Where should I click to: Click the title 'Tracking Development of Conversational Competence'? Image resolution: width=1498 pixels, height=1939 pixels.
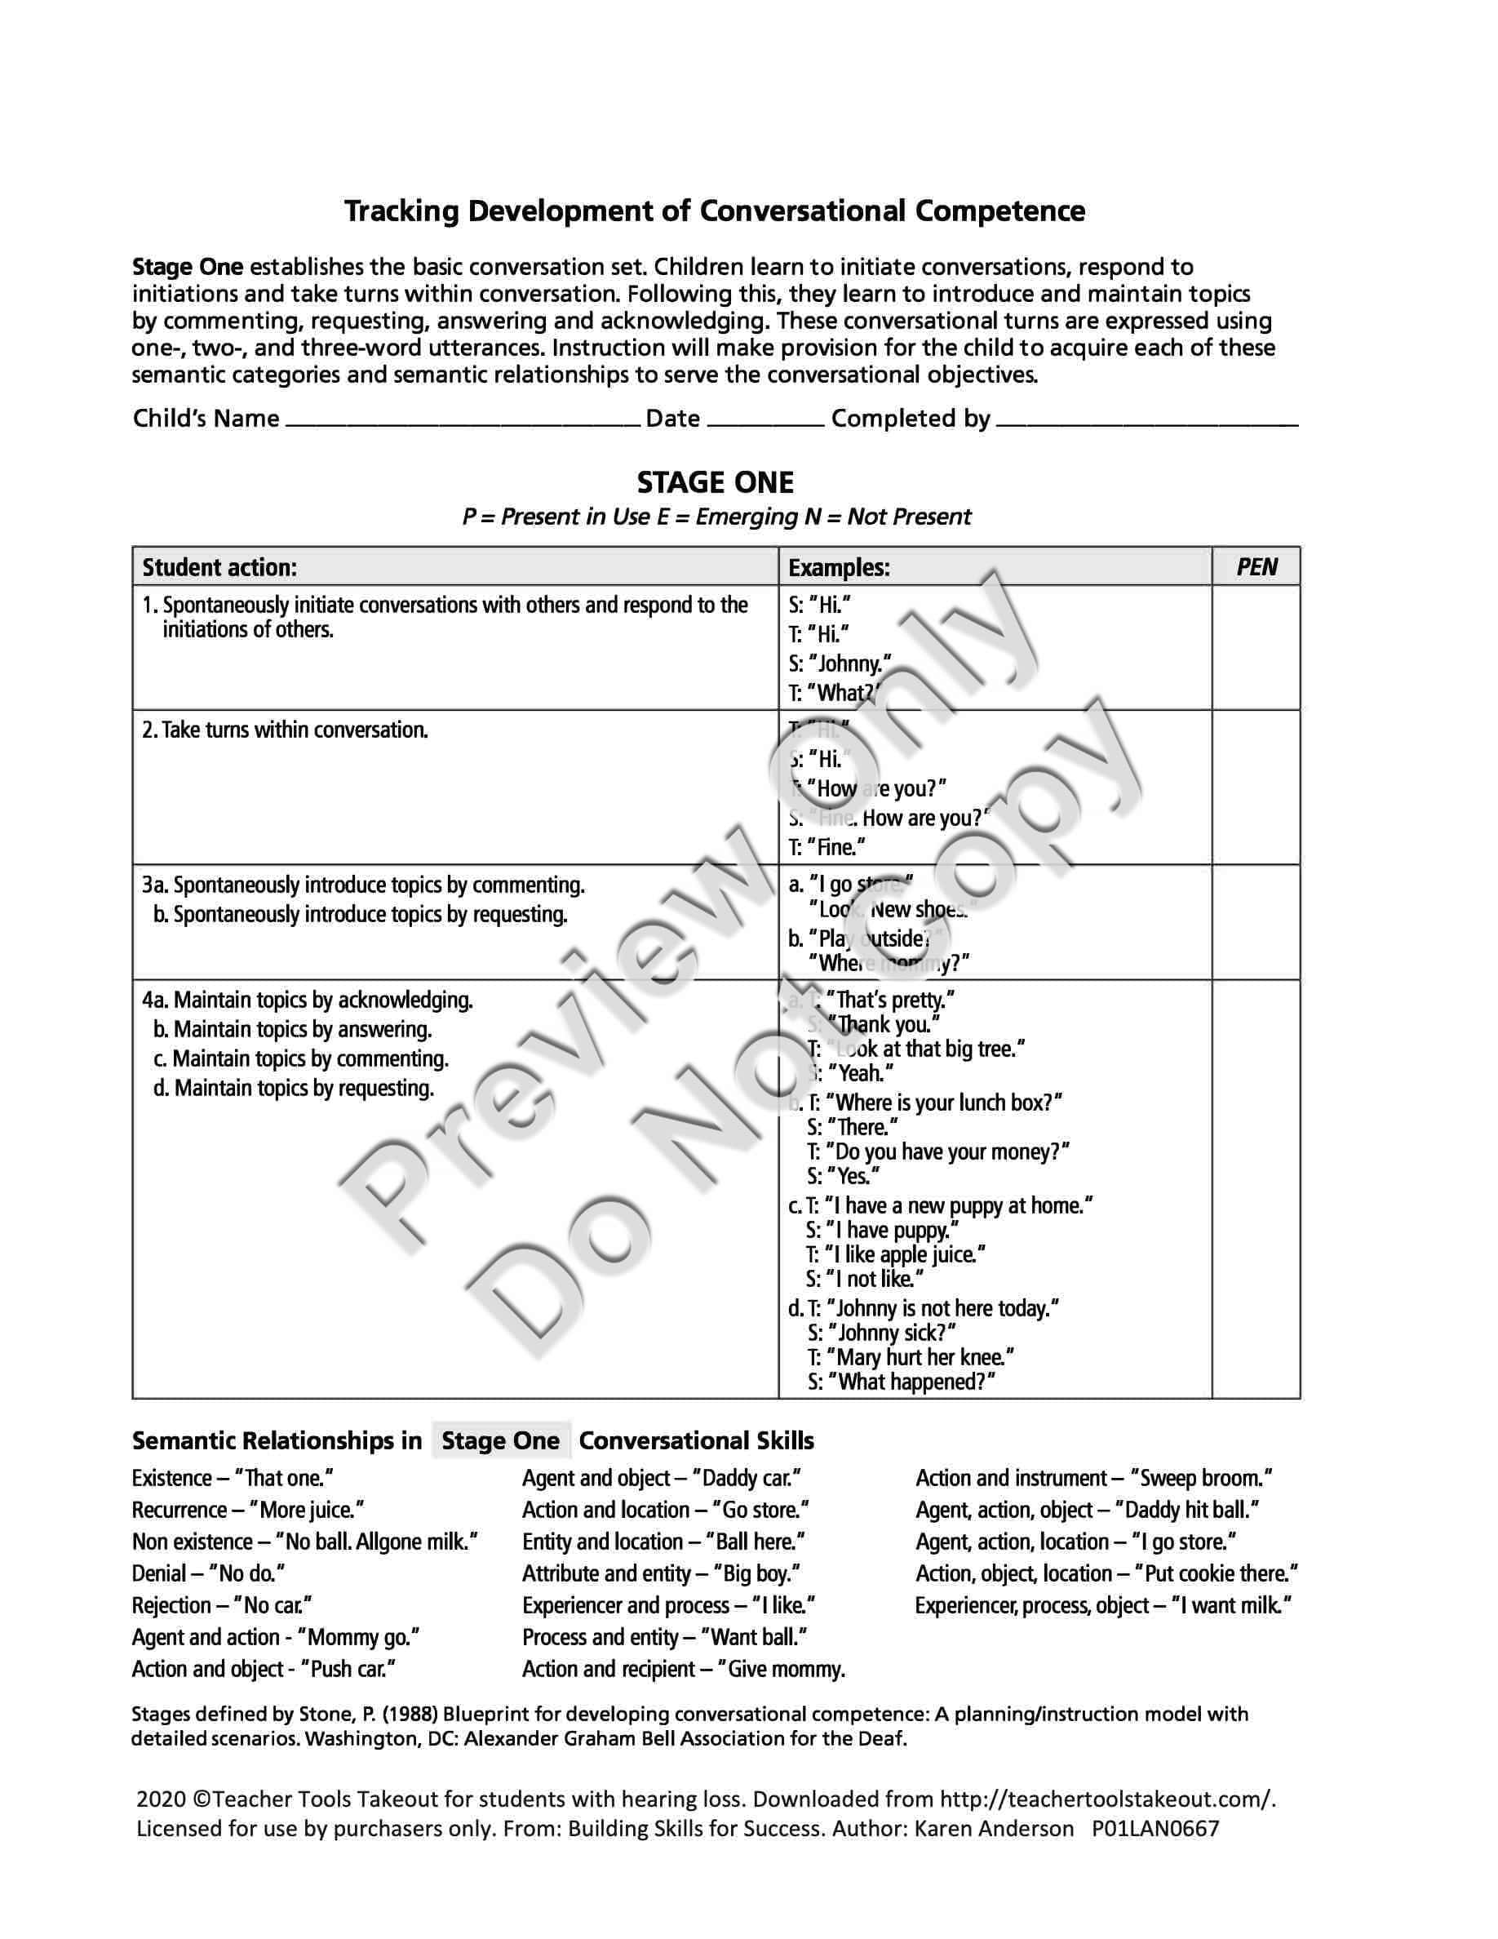pos(715,211)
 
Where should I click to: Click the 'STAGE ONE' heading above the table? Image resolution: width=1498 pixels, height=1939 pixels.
pos(716,483)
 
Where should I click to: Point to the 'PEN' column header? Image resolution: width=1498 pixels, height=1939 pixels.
pos(1256,567)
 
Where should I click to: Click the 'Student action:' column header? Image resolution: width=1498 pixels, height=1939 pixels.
pos(220,567)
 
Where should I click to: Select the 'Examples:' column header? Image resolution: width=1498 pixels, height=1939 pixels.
pos(839,567)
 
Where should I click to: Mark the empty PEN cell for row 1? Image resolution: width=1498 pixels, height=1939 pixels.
pos(1256,647)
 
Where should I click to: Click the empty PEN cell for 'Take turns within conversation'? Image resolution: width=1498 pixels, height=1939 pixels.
pos(1256,787)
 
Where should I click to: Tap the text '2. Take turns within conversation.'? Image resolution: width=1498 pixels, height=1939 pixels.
pos(285,730)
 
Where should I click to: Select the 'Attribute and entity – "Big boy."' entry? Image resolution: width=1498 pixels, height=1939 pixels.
pos(661,1574)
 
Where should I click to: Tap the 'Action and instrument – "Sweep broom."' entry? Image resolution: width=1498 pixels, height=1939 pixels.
pos(1094,1478)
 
